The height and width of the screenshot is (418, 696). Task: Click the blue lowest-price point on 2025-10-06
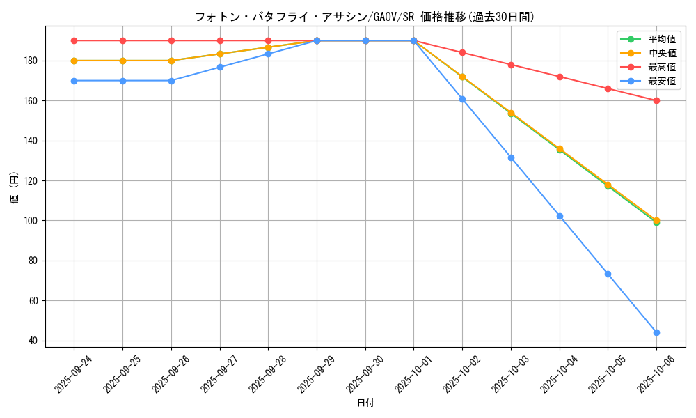pyautogui.click(x=656, y=332)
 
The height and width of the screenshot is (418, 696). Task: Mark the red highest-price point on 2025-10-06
pyautogui.click(x=656, y=100)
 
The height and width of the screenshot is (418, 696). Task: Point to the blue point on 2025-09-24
pyautogui.click(x=74, y=81)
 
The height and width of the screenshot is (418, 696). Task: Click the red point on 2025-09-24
pyautogui.click(x=74, y=40)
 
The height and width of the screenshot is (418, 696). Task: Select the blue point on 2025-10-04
pyautogui.click(x=560, y=216)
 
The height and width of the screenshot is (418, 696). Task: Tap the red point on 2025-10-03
pyautogui.click(x=511, y=65)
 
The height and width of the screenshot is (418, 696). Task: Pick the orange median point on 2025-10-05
pyautogui.click(x=608, y=185)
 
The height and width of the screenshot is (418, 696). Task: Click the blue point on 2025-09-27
pyautogui.click(x=220, y=67)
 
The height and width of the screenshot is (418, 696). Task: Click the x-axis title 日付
pyautogui.click(x=365, y=403)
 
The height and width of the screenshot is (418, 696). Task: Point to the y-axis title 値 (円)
pyautogui.click(x=14, y=188)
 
